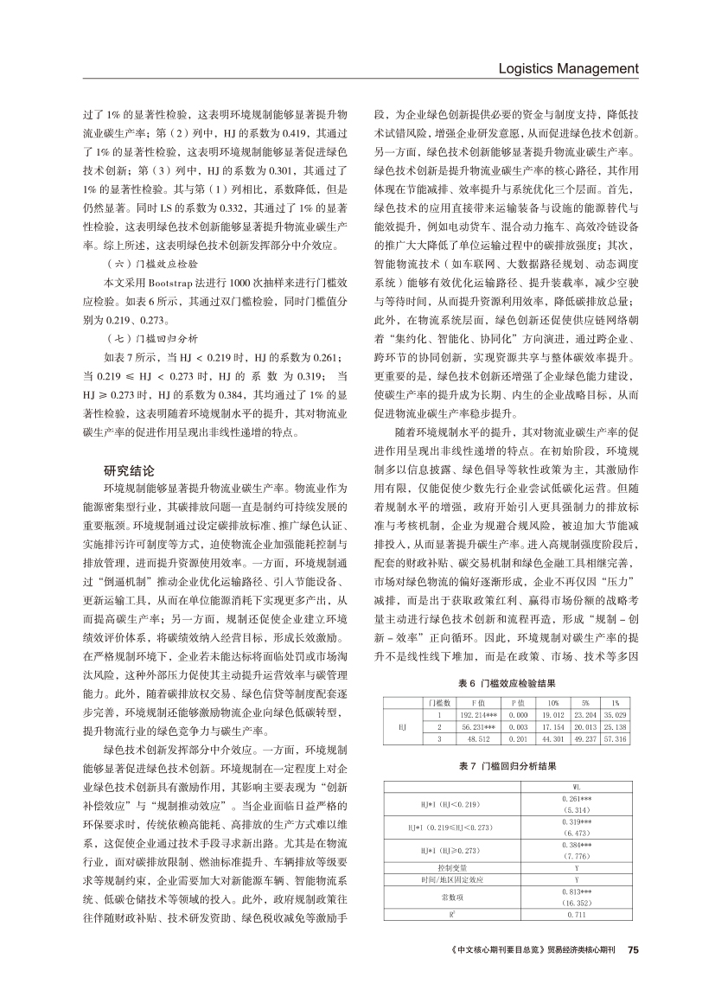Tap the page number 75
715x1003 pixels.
pyautogui.click(x=632, y=949)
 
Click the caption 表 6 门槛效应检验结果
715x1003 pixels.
pyautogui.click(x=506, y=658)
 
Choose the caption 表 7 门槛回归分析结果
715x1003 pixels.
pyautogui.click(x=506, y=766)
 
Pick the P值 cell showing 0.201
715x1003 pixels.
pyautogui.click(x=518, y=716)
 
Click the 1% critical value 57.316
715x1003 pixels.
pyautogui.click(x=615, y=716)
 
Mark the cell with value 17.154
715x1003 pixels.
pyautogui.click(x=552, y=703)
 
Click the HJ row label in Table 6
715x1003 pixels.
pyautogui.click(x=402, y=703)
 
